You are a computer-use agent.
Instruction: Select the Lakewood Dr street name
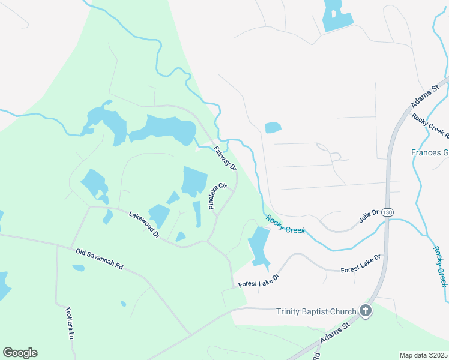(143, 224)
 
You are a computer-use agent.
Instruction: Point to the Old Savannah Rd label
(99, 258)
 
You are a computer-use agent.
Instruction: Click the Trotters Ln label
(69, 324)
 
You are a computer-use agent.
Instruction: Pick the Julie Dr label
(369, 216)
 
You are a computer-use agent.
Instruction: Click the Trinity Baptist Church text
(316, 311)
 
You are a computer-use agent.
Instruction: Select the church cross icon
(365, 311)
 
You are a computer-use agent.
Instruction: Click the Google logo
(20, 353)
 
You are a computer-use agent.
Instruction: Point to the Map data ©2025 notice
(423, 355)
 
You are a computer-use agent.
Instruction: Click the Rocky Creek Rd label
(430, 126)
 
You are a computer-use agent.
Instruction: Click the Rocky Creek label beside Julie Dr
(285, 224)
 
